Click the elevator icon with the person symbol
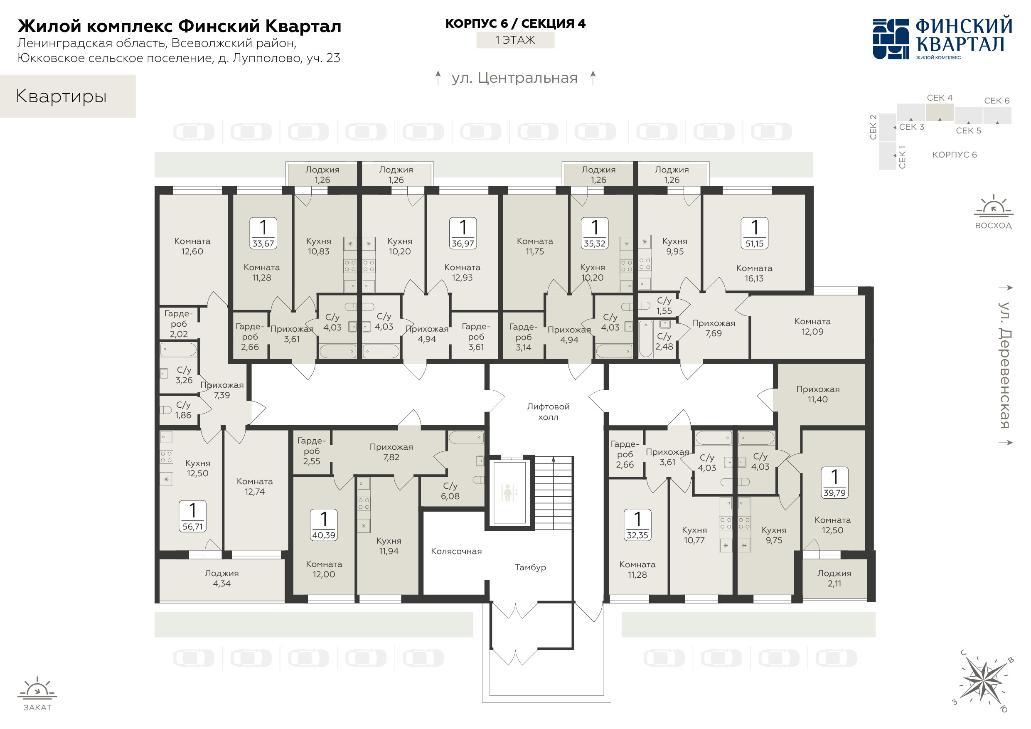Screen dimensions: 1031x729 (509, 493)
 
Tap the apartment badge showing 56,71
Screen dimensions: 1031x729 (193, 516)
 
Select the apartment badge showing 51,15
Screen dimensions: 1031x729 (754, 233)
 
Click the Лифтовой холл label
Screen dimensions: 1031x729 (548, 411)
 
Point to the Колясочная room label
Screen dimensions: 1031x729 (456, 551)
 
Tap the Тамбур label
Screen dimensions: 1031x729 (530, 567)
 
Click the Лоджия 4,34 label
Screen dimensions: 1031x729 (222, 578)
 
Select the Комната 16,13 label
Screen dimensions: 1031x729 (754, 273)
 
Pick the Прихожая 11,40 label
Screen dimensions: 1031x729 (818, 394)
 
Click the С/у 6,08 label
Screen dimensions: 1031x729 (450, 491)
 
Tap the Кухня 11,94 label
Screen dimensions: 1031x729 (389, 546)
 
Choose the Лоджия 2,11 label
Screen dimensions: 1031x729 (834, 578)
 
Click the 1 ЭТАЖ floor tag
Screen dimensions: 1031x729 (515, 40)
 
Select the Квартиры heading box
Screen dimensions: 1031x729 (68, 96)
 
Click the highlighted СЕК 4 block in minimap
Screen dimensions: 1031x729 (940, 112)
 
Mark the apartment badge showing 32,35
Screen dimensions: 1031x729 (637, 525)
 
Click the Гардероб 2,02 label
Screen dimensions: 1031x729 (178, 323)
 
